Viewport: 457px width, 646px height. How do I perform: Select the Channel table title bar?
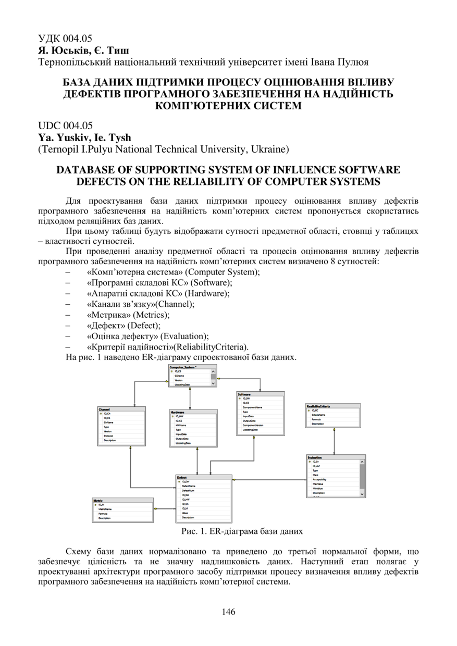click(105, 409)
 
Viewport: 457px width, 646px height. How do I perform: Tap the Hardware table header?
click(178, 412)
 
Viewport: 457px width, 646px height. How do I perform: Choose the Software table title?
click(244, 394)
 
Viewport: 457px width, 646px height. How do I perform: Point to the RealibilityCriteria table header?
click(318, 406)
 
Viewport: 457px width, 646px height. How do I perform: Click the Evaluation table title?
click(315, 457)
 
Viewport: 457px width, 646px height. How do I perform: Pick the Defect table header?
click(182, 477)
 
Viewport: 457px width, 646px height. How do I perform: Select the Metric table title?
click(98, 500)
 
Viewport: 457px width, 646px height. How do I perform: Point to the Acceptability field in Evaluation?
click(319, 479)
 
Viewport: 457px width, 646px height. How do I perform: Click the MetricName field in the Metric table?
click(106, 509)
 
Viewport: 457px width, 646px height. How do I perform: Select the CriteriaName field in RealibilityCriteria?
click(319, 415)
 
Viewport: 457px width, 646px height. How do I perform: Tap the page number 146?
click(228, 612)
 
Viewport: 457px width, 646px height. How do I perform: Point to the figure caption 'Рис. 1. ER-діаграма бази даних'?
click(241, 531)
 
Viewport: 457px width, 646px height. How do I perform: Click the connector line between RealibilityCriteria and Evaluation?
click(334, 442)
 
